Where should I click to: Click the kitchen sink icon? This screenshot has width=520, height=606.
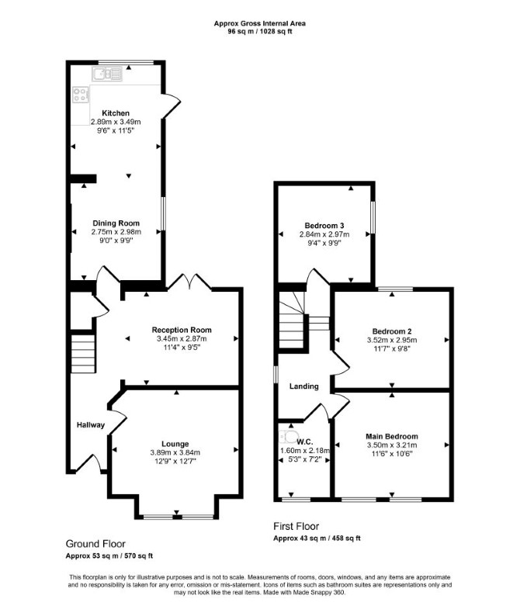click(106, 74)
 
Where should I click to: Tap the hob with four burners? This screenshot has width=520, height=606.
click(81, 95)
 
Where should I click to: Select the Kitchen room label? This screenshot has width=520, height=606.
click(116, 113)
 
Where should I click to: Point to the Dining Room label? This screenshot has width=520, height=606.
click(116, 223)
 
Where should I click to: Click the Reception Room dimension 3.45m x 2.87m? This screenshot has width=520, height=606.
click(182, 338)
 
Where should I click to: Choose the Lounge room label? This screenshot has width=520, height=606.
click(175, 444)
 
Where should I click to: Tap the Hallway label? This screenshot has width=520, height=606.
click(91, 424)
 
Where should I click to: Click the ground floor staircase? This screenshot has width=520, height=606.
click(83, 354)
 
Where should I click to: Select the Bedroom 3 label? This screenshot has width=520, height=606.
click(324, 226)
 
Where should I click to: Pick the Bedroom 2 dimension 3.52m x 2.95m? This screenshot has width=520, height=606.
click(392, 340)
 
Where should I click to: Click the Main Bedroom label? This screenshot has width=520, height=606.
click(392, 436)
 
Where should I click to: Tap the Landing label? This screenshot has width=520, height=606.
click(304, 386)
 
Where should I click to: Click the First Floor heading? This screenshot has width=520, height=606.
click(296, 526)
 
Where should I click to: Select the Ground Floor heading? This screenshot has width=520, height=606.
click(95, 544)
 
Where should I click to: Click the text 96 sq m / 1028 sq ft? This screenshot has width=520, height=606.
click(260, 32)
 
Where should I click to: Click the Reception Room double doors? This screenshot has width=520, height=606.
click(189, 281)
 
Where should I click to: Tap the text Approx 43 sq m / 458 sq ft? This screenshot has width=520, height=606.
click(317, 538)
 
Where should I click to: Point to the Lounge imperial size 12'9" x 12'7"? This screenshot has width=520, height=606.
click(175, 461)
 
